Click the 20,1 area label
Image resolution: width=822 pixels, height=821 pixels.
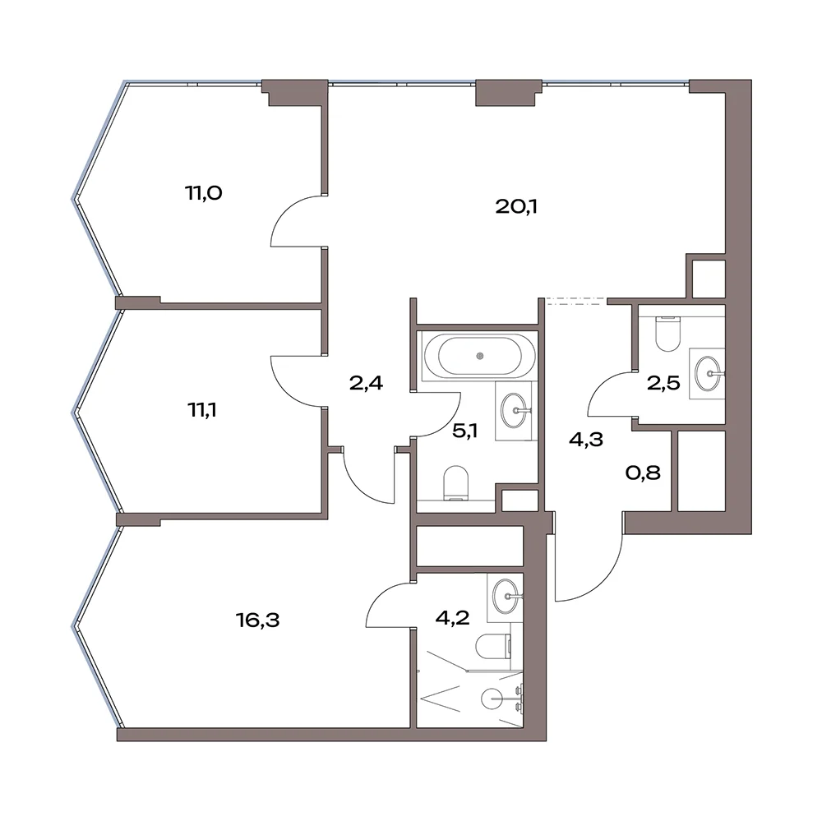(x=516, y=208)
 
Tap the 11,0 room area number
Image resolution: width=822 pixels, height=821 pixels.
(x=203, y=193)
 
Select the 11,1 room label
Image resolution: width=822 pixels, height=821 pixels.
(x=202, y=410)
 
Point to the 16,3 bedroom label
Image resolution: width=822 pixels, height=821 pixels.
(x=258, y=620)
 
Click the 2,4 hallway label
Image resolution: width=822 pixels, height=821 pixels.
(x=366, y=383)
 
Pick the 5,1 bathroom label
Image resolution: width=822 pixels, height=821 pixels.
(x=465, y=431)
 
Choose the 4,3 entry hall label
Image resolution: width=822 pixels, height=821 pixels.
(x=585, y=440)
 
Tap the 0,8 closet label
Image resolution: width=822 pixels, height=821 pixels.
(x=643, y=473)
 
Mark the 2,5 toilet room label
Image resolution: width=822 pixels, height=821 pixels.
(x=663, y=383)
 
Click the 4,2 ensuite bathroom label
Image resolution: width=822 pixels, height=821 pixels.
(x=452, y=618)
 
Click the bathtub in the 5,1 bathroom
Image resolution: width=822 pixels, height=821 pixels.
(x=480, y=357)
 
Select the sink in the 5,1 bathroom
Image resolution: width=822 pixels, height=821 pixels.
(x=515, y=411)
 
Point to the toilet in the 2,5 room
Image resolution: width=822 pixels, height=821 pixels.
(x=667, y=334)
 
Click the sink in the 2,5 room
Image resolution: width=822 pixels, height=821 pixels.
(x=708, y=373)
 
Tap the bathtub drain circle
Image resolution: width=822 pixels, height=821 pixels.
(x=480, y=357)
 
